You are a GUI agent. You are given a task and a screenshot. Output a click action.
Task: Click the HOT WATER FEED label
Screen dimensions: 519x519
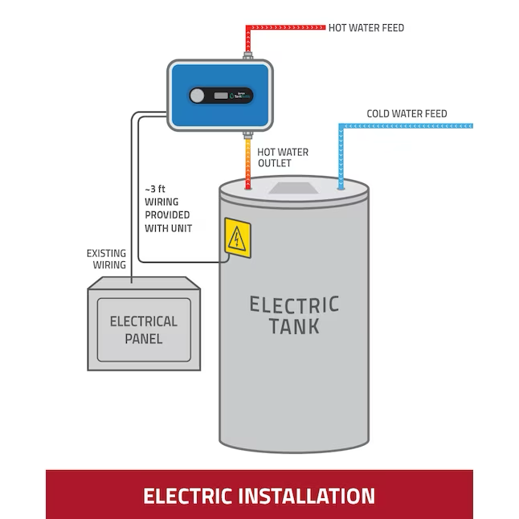point(366,28)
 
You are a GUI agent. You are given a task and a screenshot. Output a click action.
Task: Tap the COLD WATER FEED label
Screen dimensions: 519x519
point(407,114)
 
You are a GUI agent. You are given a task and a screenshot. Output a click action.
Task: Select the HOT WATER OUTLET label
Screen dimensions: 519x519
point(282,157)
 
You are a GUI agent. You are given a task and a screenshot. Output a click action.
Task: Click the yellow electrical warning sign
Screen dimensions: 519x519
point(237,239)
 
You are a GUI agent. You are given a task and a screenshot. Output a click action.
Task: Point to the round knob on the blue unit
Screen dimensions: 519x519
point(197,96)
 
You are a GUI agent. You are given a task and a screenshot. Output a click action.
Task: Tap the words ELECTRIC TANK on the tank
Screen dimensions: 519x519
point(294,315)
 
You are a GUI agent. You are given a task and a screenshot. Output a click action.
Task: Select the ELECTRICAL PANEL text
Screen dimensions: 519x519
point(144,329)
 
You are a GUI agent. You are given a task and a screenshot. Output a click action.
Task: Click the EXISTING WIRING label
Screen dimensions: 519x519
point(106,259)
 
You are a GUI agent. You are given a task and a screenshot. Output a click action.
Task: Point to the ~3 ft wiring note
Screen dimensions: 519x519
point(167,209)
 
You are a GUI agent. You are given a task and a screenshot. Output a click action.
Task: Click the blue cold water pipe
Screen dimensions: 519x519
point(402,126)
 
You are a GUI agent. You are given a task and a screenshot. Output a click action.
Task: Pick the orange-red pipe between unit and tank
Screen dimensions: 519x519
point(247,161)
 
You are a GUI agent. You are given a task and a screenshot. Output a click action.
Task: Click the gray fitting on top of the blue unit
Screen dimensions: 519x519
point(248,55)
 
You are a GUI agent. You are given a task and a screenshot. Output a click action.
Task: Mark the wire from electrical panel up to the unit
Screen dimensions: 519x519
point(131,201)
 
